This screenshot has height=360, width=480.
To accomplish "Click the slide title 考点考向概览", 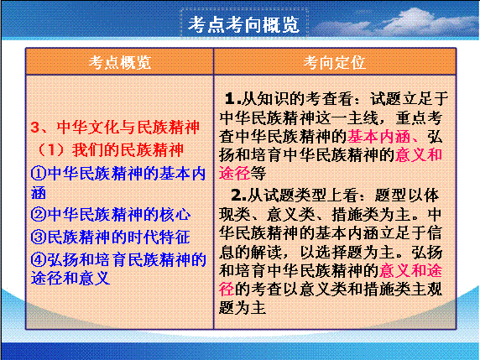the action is pos(243,24).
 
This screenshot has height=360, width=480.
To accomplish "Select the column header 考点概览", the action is pos(120,62).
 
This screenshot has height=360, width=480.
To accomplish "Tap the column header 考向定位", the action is pos(335,62).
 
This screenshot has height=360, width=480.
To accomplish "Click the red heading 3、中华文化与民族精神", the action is pos(115,128).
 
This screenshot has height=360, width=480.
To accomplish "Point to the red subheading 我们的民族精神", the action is pos(128,150).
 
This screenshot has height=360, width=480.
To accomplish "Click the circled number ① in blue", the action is pos(39,174).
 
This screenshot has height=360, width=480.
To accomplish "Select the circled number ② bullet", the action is pos(39,214).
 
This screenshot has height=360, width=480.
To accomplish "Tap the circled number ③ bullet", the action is pos(39,237).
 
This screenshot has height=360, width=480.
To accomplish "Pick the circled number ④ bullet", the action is pos(39,260).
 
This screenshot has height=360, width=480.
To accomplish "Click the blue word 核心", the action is pos(175,214).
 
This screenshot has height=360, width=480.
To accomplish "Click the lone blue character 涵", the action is pos(39,193).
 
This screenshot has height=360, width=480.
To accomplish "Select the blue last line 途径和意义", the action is pos(70,279).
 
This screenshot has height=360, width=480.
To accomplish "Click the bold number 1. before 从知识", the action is pos(232,98).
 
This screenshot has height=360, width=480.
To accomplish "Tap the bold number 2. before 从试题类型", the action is pos(239,196).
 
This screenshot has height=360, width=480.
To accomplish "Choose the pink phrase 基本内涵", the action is pos(378,136).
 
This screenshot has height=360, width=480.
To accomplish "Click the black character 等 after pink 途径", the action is pos(258,173).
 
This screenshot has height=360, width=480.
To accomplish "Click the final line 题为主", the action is pos(243,308).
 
